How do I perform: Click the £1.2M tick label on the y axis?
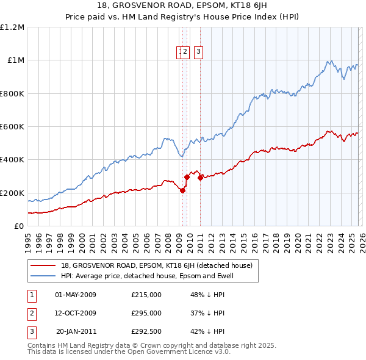pos(12,27)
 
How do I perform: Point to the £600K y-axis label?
pos(12,127)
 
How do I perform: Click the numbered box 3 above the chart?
pos(199,52)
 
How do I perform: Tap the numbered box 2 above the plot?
pos(185,52)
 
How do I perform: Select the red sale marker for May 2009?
pos(182,190)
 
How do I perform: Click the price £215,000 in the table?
pos(146,295)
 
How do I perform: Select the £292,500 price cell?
pos(146,331)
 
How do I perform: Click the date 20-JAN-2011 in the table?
pos(76,331)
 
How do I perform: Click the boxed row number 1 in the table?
pos(32,295)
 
